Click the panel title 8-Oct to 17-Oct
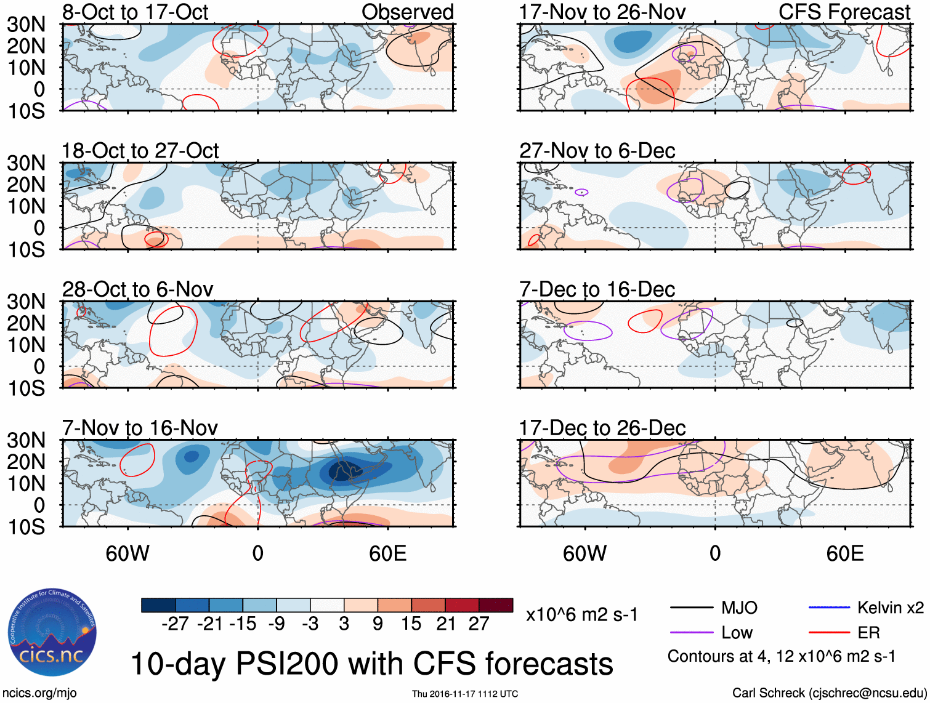point(135,12)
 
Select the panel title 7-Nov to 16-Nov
point(140,428)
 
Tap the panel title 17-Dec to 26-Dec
point(602,428)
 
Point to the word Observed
point(407,12)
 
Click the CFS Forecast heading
point(844,12)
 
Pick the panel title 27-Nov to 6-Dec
point(597,151)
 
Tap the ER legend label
point(868,633)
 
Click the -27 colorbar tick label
point(175,624)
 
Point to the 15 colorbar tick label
point(411,624)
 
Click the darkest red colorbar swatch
point(496,605)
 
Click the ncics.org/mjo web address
point(39,693)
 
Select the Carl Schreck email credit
point(829,693)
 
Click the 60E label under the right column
point(844,553)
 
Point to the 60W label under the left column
point(127,553)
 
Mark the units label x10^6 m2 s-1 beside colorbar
point(581,615)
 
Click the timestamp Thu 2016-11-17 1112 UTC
point(465,694)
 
